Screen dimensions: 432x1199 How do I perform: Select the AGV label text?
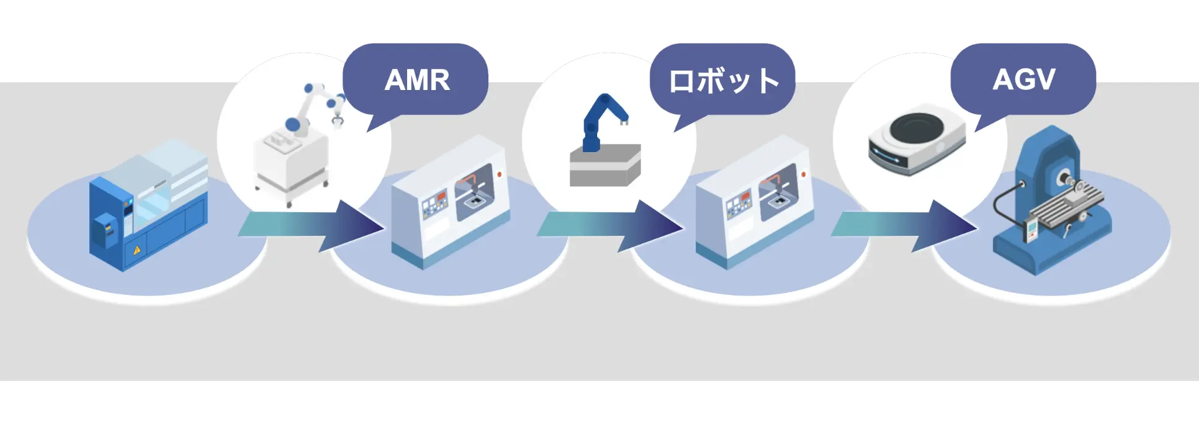point(1024,80)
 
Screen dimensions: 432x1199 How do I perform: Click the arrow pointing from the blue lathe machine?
point(310,225)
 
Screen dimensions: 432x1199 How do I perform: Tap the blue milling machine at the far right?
point(1049,205)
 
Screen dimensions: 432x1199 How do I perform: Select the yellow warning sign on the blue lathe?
point(137,250)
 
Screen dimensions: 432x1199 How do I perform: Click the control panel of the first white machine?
point(434,205)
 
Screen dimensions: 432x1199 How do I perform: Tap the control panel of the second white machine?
point(739,205)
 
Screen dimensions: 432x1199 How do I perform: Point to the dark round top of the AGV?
point(918,130)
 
